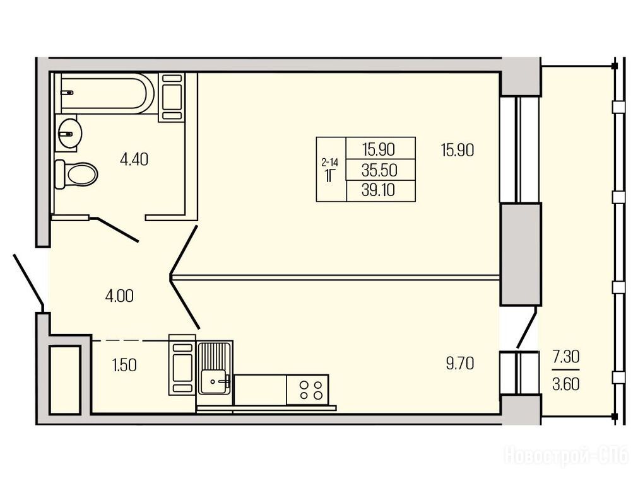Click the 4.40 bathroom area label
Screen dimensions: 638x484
[x=134, y=159]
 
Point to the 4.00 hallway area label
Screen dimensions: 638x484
[x=119, y=296]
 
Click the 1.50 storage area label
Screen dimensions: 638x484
[x=124, y=366]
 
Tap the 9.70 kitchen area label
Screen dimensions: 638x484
[x=460, y=363]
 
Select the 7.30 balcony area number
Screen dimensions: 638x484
[x=565, y=357]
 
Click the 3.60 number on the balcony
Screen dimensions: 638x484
[x=565, y=384]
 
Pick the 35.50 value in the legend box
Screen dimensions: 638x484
[x=379, y=170]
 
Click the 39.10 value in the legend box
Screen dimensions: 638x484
[x=378, y=190]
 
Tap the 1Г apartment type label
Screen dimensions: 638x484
[x=329, y=176]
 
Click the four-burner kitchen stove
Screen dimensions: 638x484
[x=307, y=389]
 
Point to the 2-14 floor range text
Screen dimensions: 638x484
[x=329, y=163]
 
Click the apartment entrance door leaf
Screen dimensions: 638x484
[x=28, y=280]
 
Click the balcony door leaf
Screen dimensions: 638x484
[x=527, y=328]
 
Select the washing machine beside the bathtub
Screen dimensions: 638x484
[x=171, y=96]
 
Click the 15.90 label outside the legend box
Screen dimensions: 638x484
[x=458, y=151]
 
